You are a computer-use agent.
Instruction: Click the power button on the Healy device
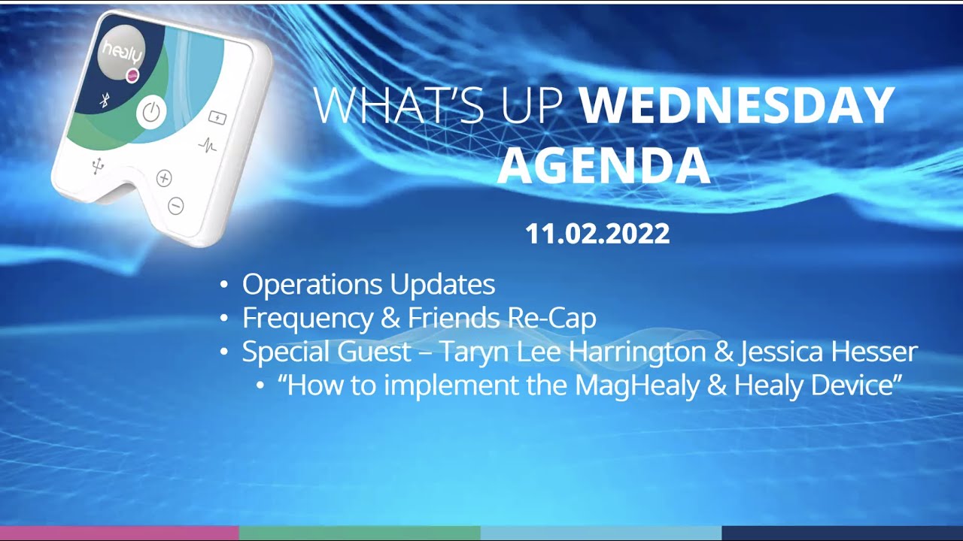(151, 113)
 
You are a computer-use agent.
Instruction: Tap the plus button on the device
(164, 178)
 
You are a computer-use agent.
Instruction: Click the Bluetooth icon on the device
(105, 101)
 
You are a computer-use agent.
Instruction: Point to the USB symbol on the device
(97, 167)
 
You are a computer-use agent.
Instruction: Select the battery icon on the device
(217, 117)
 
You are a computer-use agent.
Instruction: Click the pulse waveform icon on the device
(208, 145)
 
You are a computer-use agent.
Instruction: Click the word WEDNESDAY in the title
(737, 107)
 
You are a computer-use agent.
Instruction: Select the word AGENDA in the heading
(603, 166)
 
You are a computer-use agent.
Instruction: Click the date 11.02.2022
(597, 234)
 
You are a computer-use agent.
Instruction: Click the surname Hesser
(874, 352)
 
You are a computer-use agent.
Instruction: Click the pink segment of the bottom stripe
(119, 533)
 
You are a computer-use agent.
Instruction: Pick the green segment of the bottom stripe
(360, 533)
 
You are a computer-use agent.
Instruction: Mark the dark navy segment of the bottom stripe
(842, 533)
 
